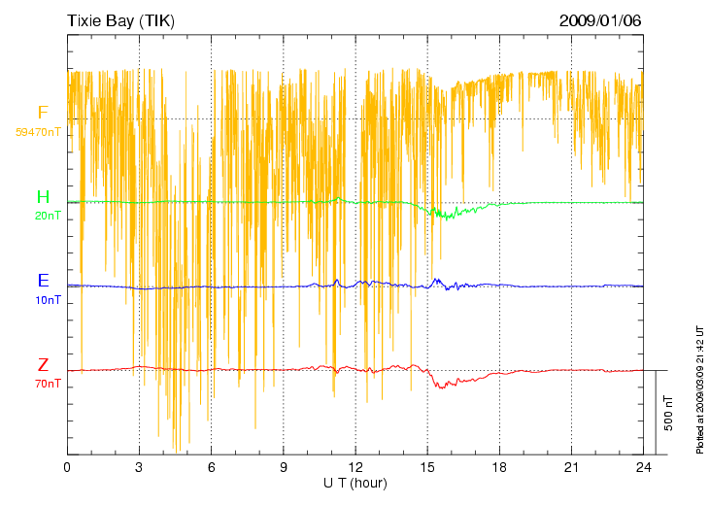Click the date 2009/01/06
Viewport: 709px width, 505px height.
(x=600, y=20)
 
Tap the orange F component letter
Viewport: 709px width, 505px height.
(x=43, y=113)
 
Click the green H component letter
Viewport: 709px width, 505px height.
(x=43, y=197)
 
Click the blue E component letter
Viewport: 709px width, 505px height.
(x=43, y=281)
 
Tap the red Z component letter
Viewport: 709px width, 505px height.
(x=43, y=365)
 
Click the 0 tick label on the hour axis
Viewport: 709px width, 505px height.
(x=67, y=467)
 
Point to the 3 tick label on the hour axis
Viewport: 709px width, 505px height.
(x=139, y=467)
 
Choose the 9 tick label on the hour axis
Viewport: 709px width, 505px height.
(x=284, y=467)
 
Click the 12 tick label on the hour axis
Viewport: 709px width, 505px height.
(x=355, y=467)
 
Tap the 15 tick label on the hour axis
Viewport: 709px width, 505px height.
(x=427, y=467)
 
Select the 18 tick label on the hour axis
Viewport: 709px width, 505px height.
(x=499, y=467)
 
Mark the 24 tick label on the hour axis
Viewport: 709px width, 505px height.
(x=643, y=467)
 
